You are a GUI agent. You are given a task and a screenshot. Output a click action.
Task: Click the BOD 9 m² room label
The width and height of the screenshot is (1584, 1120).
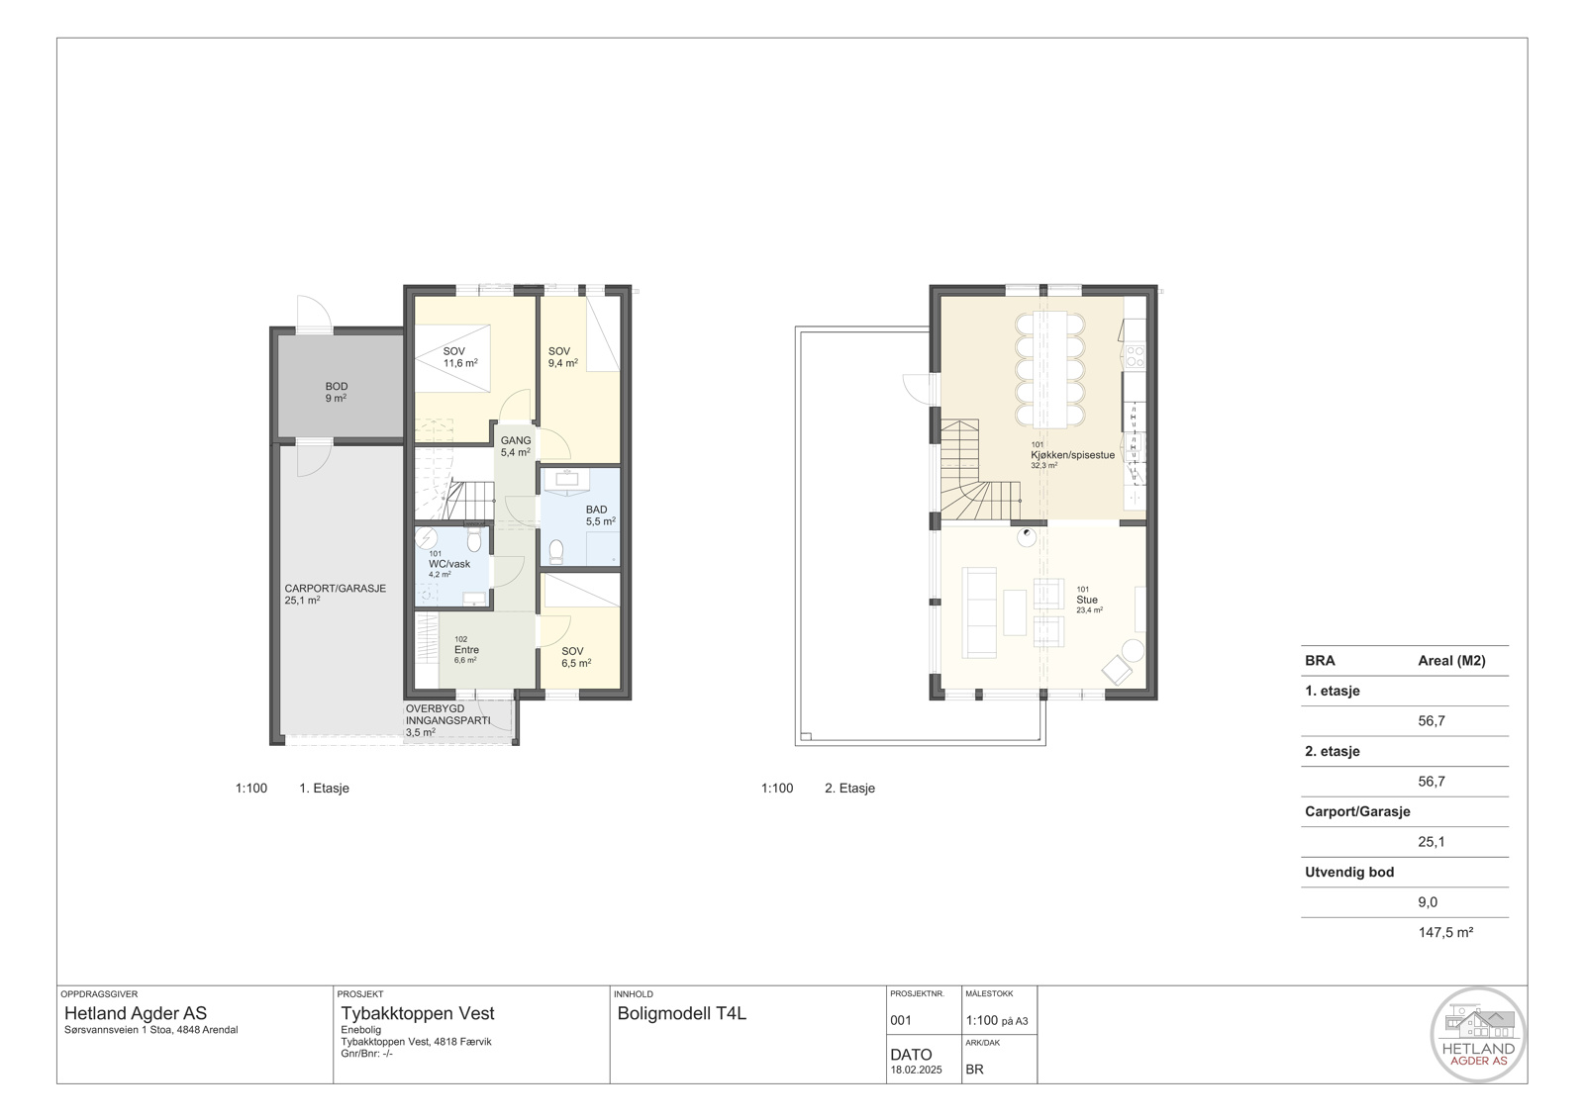336,392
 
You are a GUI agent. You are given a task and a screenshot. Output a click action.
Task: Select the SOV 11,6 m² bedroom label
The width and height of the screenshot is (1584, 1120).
459,357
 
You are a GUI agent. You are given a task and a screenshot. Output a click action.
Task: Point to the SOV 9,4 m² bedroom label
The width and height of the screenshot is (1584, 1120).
563,357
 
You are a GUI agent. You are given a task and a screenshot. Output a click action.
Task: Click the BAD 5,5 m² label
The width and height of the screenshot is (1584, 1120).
600,515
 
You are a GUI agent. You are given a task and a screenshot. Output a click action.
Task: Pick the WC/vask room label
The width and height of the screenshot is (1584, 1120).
449,564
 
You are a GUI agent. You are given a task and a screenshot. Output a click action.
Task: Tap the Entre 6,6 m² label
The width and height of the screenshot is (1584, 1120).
466,649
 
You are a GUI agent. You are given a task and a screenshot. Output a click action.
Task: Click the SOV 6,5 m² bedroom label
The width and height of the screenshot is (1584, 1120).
576,657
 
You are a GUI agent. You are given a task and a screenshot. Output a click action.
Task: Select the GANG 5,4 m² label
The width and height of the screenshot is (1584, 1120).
516,446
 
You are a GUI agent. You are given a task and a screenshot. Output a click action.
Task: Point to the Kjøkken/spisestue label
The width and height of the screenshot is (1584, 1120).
1072,455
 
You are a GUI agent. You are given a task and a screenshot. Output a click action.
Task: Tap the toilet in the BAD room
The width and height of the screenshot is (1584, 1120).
556,551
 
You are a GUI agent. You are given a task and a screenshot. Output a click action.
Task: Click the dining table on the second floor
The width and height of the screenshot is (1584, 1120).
1050,369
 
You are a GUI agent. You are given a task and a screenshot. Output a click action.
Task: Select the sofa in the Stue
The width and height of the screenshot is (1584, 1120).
979,612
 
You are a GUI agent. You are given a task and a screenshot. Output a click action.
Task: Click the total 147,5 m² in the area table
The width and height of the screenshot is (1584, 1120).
1445,933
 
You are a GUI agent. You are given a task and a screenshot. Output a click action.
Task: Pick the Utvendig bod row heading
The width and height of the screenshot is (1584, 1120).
1349,872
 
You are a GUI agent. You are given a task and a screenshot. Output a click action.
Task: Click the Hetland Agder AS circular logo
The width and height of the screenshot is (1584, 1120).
1478,1035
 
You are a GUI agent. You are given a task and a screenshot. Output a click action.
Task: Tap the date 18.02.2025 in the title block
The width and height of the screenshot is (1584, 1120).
916,1070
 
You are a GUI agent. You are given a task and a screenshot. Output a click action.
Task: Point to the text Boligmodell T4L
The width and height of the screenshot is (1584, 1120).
682,1013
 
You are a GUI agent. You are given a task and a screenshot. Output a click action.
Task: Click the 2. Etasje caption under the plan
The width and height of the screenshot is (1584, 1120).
849,788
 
